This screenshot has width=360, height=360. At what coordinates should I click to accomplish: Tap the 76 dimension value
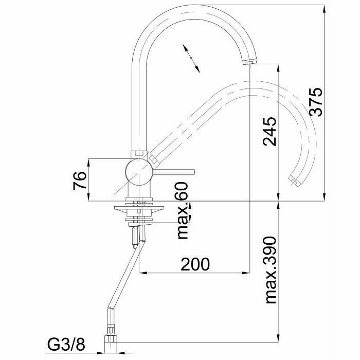coord(79,181)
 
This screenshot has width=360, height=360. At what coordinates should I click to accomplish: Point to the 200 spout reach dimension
coord(195,264)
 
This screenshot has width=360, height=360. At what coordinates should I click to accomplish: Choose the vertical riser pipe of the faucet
coord(138,103)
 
